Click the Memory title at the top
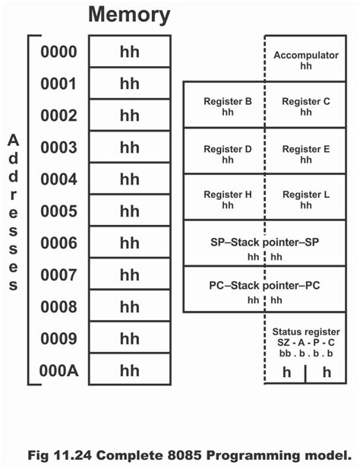pos(129,14)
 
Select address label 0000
pos(58,52)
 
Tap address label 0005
pos(58,211)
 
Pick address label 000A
pos(58,370)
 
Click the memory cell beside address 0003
pos(129,147)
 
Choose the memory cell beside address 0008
pos(129,307)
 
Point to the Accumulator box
pos(305,61)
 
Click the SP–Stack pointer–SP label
pos(264,242)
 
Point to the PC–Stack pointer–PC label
pos(264,286)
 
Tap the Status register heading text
pos(305,332)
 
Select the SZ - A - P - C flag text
pos(305,343)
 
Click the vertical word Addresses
pos(13,213)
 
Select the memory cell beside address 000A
pos(129,370)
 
